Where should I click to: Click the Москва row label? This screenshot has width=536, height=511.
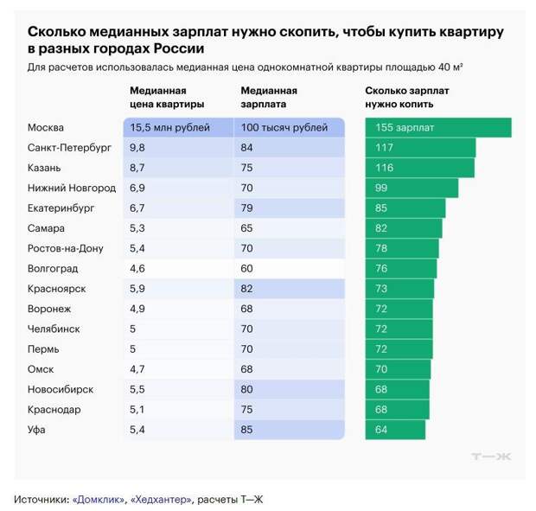[47, 128]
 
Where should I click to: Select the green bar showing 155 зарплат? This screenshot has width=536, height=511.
[437, 128]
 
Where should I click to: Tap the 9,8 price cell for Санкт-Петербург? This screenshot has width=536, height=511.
[137, 148]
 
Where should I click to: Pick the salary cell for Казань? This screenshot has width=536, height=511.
[249, 168]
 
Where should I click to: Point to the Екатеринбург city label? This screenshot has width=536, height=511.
[61, 208]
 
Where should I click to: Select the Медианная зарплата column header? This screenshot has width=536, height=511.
[269, 97]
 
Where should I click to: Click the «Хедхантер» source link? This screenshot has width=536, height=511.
[161, 498]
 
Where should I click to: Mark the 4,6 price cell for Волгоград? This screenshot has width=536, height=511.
[137, 269]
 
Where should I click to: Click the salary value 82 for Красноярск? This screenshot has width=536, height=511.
[249, 289]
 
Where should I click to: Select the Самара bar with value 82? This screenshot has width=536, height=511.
[403, 228]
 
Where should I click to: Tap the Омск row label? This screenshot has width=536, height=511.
[41, 369]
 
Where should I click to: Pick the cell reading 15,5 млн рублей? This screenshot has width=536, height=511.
[169, 128]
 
